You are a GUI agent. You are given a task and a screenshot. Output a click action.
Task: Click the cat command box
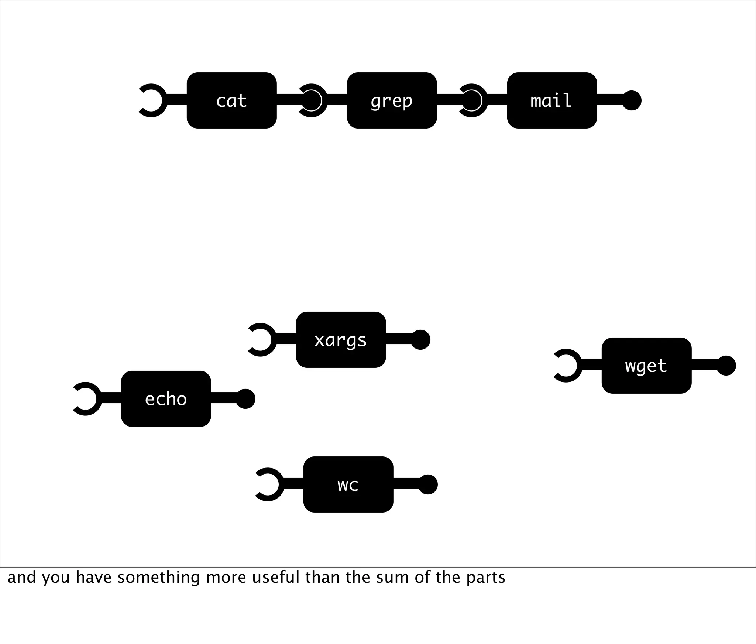(231, 100)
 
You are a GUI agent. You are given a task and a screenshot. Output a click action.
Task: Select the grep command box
(392, 100)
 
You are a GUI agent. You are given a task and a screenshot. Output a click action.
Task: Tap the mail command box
(552, 100)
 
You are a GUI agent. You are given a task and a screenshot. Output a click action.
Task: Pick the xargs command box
(341, 340)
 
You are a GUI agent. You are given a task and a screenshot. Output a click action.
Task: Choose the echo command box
(166, 399)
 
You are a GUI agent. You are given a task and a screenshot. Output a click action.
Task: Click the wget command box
(646, 366)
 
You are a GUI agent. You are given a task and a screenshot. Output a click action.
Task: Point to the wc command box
(348, 484)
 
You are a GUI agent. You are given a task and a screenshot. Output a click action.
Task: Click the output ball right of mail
(632, 100)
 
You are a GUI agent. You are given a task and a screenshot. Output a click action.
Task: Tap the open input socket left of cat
(152, 100)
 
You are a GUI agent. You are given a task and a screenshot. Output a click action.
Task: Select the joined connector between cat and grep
(312, 100)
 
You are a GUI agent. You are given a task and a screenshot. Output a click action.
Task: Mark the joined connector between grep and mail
(472, 100)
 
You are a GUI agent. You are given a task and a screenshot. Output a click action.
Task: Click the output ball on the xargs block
(420, 340)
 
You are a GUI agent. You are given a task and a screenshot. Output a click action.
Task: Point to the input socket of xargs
(261, 340)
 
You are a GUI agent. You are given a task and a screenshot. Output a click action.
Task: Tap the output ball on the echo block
(245, 399)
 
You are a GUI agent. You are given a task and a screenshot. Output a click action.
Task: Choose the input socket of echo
(86, 399)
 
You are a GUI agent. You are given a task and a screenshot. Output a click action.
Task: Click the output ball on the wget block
(726, 366)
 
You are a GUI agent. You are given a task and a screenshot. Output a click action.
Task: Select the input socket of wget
(567, 366)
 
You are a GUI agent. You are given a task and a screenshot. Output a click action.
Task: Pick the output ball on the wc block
(428, 484)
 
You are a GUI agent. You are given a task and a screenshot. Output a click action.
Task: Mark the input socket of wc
(269, 484)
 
